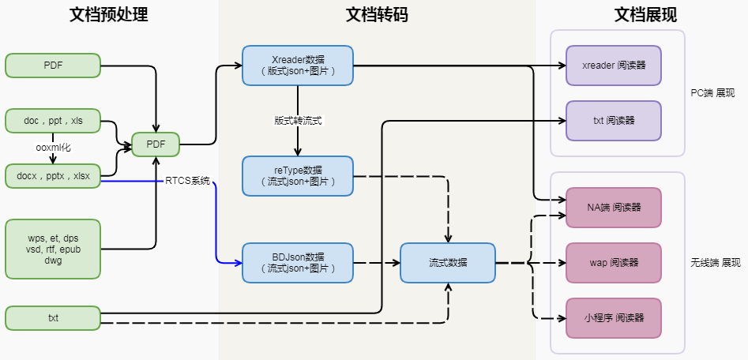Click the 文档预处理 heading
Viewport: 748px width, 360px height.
pos(109,15)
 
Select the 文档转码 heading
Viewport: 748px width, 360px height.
pos(377,15)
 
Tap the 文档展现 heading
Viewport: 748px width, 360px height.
pos(645,15)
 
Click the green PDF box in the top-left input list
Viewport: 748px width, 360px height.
pos(53,66)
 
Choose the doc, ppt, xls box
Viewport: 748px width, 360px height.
pos(53,121)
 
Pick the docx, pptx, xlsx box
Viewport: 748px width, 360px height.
pos(53,176)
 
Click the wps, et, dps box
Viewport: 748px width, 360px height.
pos(53,249)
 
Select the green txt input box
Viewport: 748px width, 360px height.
pos(53,318)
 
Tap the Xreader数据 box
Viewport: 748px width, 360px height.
pos(298,66)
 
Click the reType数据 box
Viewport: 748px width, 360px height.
pos(298,176)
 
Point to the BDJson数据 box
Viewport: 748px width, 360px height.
pos(298,263)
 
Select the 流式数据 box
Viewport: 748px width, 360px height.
pos(448,263)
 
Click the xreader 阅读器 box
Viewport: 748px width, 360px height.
pos(614,66)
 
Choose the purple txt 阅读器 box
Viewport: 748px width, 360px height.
pos(614,121)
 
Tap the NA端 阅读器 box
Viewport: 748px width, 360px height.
pos(614,208)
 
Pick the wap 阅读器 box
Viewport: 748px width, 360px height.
pos(614,263)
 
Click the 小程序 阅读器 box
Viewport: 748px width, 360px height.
pos(614,318)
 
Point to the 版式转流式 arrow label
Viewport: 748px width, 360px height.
pos(298,121)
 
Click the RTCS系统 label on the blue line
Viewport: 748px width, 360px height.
pos(187,182)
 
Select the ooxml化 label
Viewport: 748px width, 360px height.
pos(53,148)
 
